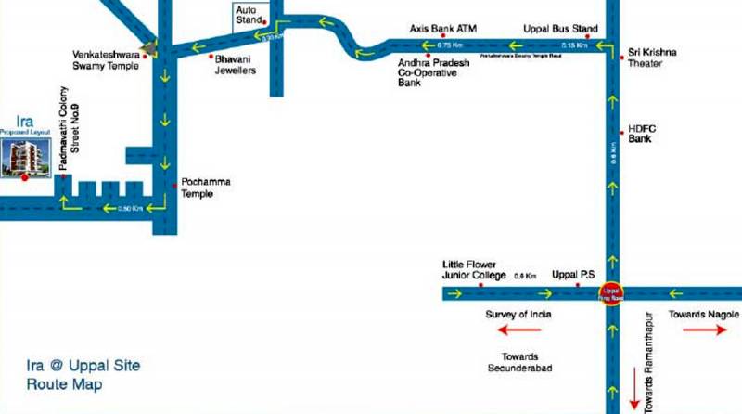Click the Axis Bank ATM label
click(442, 29)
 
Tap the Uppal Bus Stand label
click(559, 29)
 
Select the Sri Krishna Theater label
click(651, 58)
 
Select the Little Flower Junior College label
click(474, 271)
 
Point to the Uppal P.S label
click(570, 276)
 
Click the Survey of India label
click(518, 315)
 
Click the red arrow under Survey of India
click(518, 330)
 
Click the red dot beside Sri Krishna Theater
click(622, 58)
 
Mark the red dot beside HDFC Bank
click(622, 134)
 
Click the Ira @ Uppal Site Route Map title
click(83, 374)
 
